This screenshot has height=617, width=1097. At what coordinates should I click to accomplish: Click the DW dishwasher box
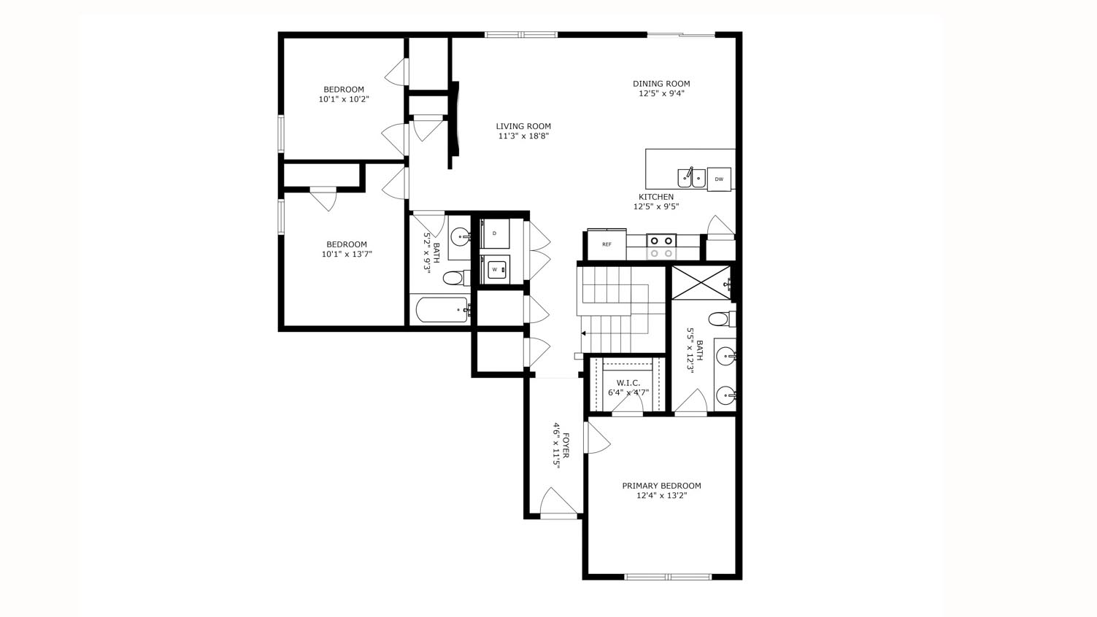click(719, 179)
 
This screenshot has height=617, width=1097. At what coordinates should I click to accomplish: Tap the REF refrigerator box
click(607, 245)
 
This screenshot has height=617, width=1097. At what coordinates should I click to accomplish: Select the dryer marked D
click(495, 234)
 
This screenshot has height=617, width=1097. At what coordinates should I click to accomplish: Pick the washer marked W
click(496, 269)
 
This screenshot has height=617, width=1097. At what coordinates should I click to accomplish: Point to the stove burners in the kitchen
click(661, 247)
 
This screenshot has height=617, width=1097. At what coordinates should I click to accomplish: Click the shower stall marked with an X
click(700, 282)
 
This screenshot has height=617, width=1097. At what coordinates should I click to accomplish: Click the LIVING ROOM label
click(523, 126)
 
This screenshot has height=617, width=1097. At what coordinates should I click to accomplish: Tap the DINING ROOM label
click(661, 84)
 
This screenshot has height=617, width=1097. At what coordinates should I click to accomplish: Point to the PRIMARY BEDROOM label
click(661, 486)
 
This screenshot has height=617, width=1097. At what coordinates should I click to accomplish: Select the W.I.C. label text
click(628, 383)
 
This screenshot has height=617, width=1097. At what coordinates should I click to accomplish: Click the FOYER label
click(566, 446)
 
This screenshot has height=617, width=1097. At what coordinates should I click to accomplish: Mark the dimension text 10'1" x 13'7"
click(347, 255)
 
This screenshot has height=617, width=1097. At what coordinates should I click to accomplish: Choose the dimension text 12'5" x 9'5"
click(656, 206)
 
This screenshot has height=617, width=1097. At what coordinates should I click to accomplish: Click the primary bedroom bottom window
click(668, 577)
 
